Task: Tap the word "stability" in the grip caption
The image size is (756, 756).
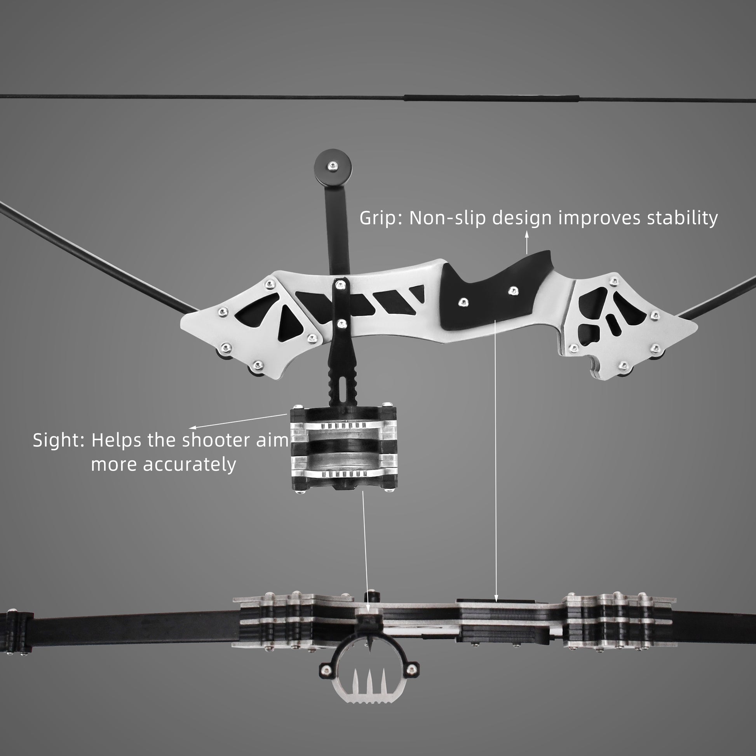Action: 682,218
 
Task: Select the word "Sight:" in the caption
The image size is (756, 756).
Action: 59,440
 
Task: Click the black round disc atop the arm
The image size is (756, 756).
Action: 332,167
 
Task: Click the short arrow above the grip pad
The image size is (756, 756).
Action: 526,242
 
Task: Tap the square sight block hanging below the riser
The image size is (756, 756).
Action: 343,448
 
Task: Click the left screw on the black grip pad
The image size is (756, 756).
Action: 463,302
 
